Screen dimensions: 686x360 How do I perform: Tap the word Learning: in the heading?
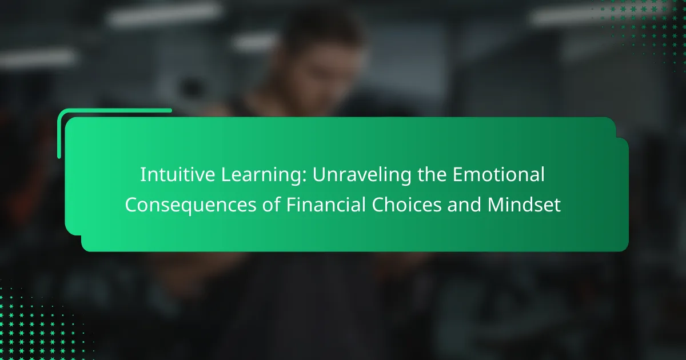tap(264, 176)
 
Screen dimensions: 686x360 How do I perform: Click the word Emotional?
tap(498, 174)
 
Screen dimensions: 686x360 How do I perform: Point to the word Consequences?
tap(190, 206)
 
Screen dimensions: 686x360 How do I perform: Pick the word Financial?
tap(326, 204)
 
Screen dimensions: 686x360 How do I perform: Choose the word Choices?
tap(406, 204)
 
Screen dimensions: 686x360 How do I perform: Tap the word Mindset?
tap(524, 204)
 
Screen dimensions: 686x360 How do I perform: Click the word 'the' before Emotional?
tap(432, 174)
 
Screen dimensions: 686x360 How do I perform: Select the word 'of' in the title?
tap(271, 204)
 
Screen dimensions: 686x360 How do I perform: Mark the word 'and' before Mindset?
tap(464, 204)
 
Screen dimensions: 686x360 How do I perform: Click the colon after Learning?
tap(304, 177)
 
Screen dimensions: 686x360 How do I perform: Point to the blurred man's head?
tap(321, 52)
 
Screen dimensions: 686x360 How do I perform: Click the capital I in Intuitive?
tap(142, 175)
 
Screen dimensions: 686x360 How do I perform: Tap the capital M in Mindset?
tap(496, 205)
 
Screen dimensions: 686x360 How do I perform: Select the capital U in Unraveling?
tap(319, 175)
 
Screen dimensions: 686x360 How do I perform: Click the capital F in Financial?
tap(291, 205)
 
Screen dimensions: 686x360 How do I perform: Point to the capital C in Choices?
tap(378, 205)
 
